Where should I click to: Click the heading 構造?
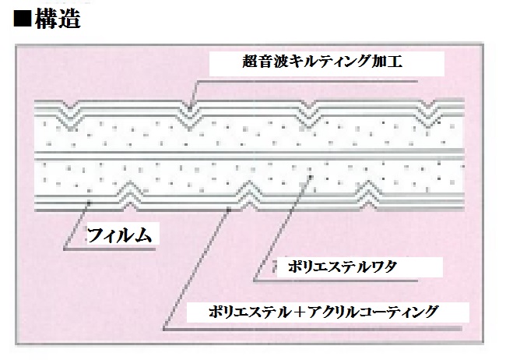58,19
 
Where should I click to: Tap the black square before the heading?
23,19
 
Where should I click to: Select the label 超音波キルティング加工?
322,61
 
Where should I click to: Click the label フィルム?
119,235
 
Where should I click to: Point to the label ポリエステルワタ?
343,267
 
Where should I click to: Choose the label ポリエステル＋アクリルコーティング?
323,312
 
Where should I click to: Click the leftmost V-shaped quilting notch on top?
71,115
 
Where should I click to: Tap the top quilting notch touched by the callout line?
190,115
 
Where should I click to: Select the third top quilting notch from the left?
309,115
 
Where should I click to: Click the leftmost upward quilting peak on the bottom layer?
130,196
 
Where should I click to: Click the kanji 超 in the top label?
251,61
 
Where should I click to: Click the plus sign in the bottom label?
299,312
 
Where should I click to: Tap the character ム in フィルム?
143,235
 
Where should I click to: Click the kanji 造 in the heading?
69,19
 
